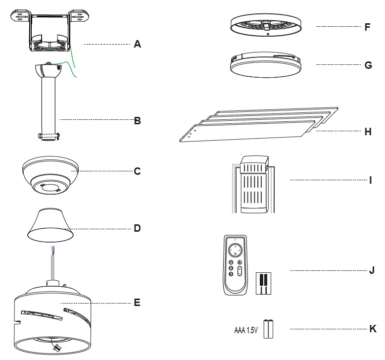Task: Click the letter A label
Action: click(137, 45)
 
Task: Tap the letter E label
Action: click(137, 302)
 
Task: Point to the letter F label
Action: click(367, 27)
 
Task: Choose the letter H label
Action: click(367, 132)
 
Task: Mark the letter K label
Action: click(373, 329)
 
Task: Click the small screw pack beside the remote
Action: click(263, 283)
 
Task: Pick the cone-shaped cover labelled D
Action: click(48, 224)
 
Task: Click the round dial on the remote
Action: click(236, 249)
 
